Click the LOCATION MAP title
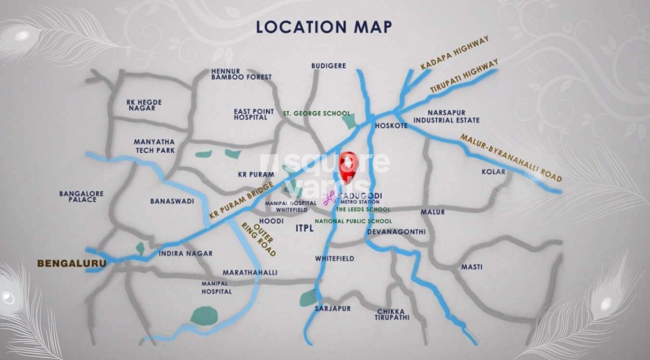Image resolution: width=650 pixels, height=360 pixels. point(323,27)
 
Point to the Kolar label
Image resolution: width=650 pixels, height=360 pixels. point(493,172)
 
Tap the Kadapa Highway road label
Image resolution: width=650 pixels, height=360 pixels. point(455,54)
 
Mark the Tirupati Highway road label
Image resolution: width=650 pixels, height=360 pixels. point(464,78)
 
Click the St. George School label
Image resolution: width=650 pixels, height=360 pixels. point(316,114)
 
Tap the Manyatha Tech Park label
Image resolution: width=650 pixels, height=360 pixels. point(154,146)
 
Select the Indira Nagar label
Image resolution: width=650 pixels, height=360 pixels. point(186,253)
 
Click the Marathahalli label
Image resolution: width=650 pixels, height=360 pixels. point(250,273)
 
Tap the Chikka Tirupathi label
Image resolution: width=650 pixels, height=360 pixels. point(392,314)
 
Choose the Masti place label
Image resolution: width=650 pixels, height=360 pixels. point(471,267)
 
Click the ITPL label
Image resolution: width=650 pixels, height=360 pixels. point(305,229)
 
